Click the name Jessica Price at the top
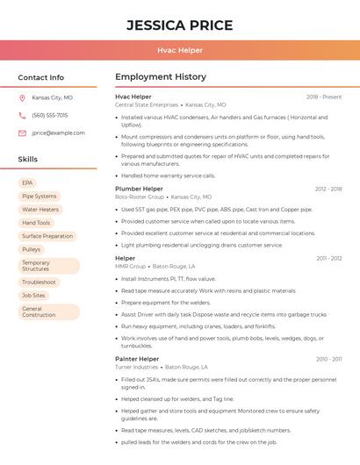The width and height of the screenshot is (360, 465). pos(180,25)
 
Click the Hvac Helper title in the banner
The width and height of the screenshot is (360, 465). pos(180,50)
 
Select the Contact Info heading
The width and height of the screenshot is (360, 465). pos(41,77)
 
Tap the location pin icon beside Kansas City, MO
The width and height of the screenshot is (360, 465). pos(22,98)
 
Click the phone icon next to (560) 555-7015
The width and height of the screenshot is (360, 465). pos(22,116)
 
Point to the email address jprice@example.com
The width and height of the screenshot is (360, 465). pos(58,133)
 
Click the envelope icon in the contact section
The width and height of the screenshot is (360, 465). pos(22,133)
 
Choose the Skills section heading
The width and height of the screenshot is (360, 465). pos(28,160)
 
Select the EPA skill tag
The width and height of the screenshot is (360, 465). pos(27,183)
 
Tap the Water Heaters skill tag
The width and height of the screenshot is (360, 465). pos(40,210)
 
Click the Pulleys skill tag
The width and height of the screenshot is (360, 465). pos(32,249)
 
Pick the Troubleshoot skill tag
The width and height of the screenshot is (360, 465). pos(39,283)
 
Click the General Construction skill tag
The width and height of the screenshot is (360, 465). pos(39,311)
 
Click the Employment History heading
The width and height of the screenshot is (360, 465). pos(161,77)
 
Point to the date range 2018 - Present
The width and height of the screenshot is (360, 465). pos(324,97)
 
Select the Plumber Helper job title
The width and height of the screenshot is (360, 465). pos(139,189)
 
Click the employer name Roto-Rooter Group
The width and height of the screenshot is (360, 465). pos(140,197)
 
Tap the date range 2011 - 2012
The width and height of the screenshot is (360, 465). pos(329,259)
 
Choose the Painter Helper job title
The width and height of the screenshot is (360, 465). pos(137,359)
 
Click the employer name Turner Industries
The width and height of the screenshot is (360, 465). pos(137,368)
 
